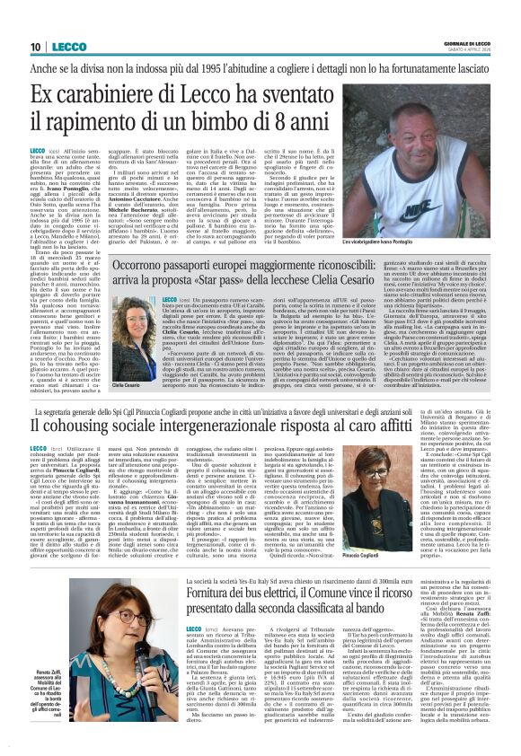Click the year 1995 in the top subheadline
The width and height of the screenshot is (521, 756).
(x=216, y=69)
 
